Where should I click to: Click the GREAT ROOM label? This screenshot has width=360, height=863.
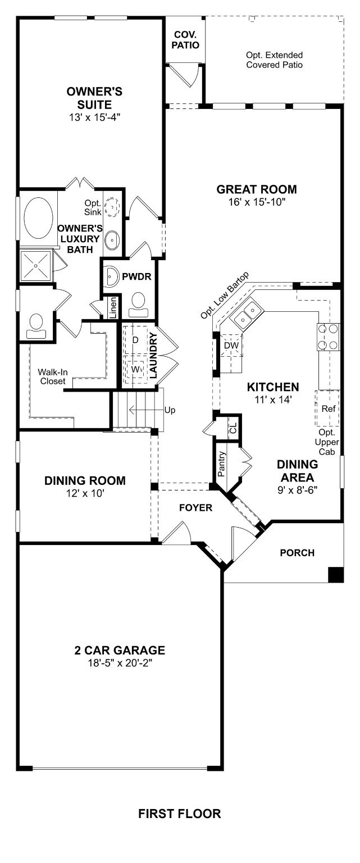point(257,189)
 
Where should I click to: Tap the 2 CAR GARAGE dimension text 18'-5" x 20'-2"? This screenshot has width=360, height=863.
point(120,663)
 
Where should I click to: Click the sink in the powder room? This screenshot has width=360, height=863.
point(112,276)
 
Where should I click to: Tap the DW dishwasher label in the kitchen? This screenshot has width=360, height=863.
point(231,345)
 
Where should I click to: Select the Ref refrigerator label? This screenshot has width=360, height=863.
point(328,408)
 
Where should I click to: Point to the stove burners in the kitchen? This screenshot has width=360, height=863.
point(328,337)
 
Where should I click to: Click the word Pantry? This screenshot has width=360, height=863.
point(222,464)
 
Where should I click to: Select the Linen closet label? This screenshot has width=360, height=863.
point(113,308)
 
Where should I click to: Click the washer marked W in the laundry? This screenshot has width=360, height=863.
point(135,369)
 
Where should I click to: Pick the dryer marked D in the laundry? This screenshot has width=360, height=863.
point(135,340)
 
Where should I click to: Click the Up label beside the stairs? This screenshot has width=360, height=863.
point(170,410)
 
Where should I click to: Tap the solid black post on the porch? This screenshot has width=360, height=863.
point(335,574)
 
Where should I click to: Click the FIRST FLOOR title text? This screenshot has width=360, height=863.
point(180,813)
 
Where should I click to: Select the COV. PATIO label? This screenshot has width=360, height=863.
point(185,40)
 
